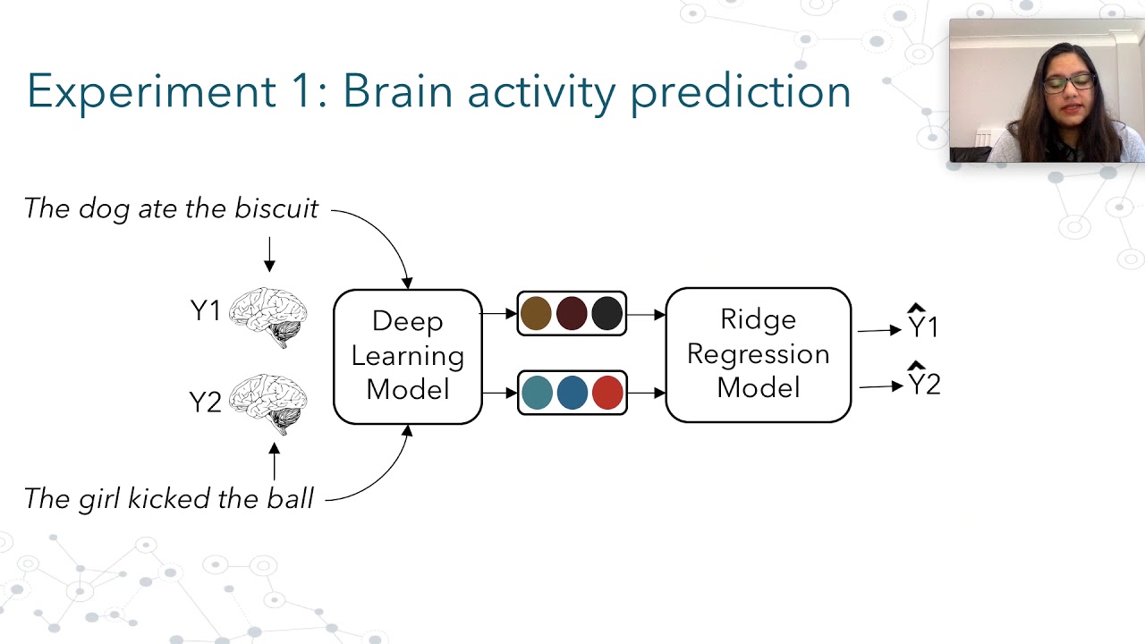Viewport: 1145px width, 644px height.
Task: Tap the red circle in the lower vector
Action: (607, 393)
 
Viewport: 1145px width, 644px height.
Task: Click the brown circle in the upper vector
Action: (536, 313)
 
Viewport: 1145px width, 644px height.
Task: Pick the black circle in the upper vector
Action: (606, 313)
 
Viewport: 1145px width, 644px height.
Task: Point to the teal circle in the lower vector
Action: (538, 393)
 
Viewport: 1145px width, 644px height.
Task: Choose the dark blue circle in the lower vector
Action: (572, 393)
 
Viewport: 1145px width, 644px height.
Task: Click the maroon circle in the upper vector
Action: (572, 313)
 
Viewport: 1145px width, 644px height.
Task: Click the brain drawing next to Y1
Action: (267, 317)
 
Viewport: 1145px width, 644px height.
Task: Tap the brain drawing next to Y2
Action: (267, 403)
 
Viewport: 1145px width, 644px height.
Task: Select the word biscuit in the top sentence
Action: (276, 208)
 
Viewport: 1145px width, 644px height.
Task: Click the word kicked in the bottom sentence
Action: (169, 498)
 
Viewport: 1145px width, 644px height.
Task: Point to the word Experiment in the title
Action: (152, 92)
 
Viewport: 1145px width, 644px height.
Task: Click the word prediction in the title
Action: (741, 92)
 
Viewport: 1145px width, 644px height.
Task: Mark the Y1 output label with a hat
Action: (923, 321)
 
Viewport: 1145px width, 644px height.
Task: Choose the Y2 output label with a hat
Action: (924, 378)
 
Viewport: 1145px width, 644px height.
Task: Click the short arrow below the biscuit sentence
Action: (269, 254)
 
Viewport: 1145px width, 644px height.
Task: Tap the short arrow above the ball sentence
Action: (275, 462)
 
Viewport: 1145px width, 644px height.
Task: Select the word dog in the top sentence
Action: (104, 209)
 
